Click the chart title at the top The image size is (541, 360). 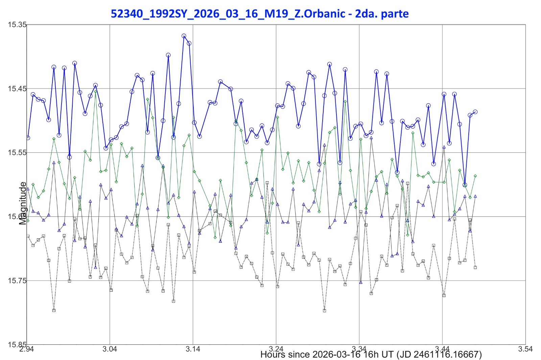coord(260,14)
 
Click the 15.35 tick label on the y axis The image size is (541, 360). coord(17,24)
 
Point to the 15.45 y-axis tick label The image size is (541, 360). coord(17,89)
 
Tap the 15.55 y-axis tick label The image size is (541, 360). coord(17,152)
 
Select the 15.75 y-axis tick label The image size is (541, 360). coord(17,281)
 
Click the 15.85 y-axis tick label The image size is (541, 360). coord(17,344)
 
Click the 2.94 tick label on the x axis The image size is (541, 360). coord(26,349)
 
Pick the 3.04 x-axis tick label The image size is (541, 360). coord(110,349)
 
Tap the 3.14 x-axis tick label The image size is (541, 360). coord(193,349)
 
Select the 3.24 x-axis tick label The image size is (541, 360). coord(276,349)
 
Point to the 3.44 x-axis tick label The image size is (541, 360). coord(442,349)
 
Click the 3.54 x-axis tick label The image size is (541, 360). coord(525,349)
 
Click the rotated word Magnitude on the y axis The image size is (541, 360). coord(23,203)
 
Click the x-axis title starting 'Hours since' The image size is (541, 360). coord(371,355)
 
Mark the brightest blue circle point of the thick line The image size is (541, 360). coord(184,36)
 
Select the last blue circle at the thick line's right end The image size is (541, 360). coord(475,112)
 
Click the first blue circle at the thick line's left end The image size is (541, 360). coord(28,138)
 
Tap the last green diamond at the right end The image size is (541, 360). coord(475,176)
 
